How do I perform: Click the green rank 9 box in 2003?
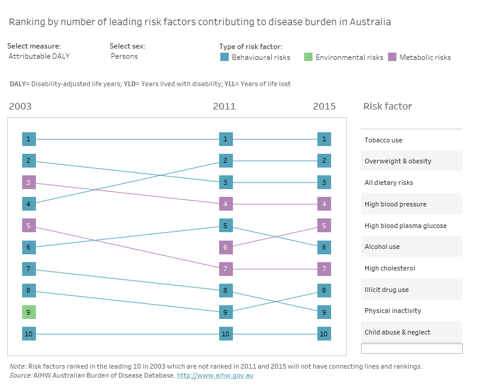coord(28,312)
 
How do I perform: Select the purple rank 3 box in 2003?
coord(28,183)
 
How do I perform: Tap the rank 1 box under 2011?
coord(225,139)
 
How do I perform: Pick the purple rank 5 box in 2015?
coord(323,226)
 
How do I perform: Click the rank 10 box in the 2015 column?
coord(323,333)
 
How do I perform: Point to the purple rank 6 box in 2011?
coord(225,247)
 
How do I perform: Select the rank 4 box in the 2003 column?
coord(28,204)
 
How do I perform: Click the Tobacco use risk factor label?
coord(383,140)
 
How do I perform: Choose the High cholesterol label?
coord(389,268)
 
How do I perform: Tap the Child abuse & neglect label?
coord(397,332)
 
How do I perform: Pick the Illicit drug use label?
coord(386,290)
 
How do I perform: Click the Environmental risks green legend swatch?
coord(308,57)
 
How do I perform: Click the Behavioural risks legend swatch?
coord(224,57)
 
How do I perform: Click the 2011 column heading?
coord(225,107)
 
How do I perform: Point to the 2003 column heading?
coord(20,107)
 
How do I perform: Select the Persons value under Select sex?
coord(124,56)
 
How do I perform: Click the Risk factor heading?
coord(387,107)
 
